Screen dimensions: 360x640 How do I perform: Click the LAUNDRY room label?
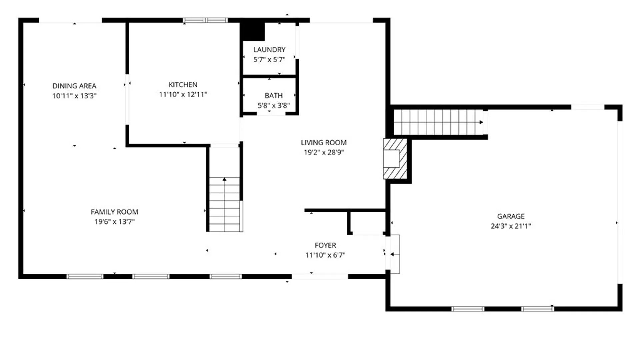[x=269, y=50]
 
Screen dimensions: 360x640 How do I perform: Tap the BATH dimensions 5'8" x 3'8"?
[x=274, y=106]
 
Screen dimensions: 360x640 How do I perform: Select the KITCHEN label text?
[x=183, y=85]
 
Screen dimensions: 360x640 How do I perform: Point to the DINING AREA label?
[x=74, y=86]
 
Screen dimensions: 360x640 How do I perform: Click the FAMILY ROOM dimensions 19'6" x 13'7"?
[x=114, y=222]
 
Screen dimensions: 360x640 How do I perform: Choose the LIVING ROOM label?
[x=324, y=143]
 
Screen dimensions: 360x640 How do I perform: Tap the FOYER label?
[x=325, y=245]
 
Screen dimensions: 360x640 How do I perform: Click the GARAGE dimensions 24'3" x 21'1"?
[x=511, y=226]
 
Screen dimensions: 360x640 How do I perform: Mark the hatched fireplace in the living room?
[x=395, y=159]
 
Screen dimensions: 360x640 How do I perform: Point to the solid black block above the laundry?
[x=253, y=31]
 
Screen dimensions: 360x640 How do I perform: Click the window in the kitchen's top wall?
[x=205, y=20]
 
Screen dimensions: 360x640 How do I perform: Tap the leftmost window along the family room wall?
[x=85, y=276]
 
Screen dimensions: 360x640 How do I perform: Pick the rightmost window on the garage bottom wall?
[x=537, y=309]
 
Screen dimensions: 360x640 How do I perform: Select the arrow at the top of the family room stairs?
[x=224, y=179]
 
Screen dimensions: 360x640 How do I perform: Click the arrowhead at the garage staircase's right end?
[x=481, y=122]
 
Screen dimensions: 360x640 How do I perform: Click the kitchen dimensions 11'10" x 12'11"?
[x=183, y=95]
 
